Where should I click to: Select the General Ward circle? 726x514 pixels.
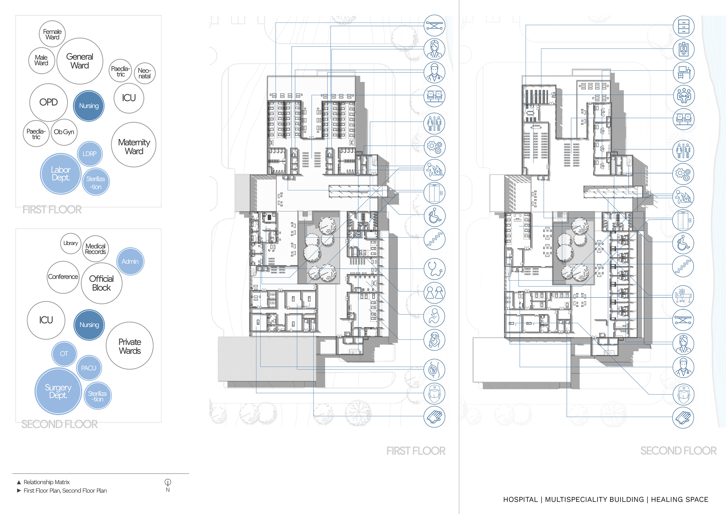(x=80, y=61)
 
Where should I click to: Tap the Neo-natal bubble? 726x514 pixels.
(x=144, y=73)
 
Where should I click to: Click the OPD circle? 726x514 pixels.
(x=48, y=102)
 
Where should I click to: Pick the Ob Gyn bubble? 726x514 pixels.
(x=64, y=132)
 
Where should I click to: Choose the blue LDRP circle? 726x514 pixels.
(x=89, y=154)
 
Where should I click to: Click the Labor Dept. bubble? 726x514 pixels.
(x=60, y=174)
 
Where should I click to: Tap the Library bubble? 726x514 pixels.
(x=71, y=244)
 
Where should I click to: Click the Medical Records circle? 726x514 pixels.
(x=95, y=249)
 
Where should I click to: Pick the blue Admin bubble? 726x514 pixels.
(x=130, y=261)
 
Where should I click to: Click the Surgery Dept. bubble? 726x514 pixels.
(x=58, y=391)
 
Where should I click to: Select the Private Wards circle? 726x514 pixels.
(x=130, y=346)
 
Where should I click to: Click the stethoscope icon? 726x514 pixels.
(x=434, y=269)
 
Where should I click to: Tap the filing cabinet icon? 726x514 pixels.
(x=683, y=26)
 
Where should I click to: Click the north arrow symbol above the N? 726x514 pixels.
(x=167, y=482)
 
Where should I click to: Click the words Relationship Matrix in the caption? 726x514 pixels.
(x=46, y=482)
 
